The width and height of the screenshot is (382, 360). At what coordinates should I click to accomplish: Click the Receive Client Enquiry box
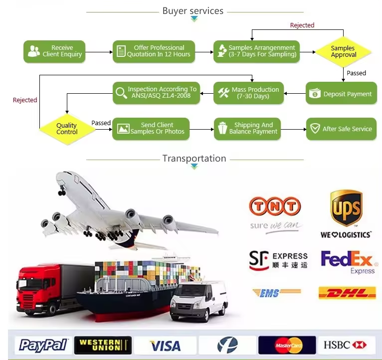click(x=55, y=51)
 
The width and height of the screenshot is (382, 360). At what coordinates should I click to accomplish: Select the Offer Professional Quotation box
click(x=153, y=51)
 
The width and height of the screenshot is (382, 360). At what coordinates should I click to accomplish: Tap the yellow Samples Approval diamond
click(x=343, y=52)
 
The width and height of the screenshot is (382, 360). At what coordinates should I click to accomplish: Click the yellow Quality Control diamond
click(x=67, y=129)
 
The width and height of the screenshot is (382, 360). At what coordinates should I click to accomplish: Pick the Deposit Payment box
click(x=341, y=94)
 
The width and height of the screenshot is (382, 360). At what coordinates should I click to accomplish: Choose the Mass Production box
click(x=249, y=93)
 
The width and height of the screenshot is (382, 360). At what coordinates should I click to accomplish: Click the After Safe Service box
click(x=341, y=129)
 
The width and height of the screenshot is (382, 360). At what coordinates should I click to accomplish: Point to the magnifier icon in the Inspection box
click(x=121, y=93)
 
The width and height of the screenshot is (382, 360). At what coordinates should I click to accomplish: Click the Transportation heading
click(x=194, y=159)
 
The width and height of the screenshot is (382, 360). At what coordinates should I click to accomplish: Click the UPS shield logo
click(x=346, y=207)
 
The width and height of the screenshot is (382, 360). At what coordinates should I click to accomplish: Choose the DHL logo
click(x=347, y=293)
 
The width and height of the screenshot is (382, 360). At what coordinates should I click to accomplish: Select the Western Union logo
click(x=103, y=345)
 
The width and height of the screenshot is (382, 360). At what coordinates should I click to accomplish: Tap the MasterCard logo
click(x=287, y=345)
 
